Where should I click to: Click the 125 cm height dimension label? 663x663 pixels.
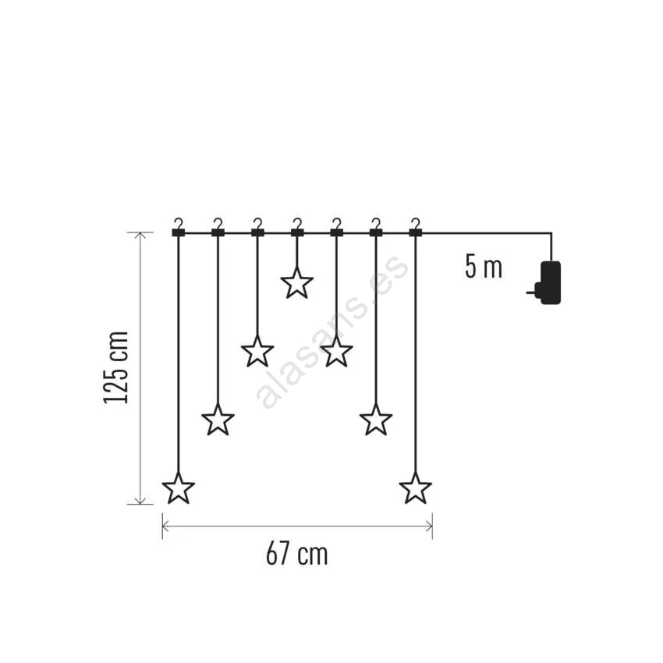(115, 368)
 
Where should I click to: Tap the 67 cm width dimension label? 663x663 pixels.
(297, 554)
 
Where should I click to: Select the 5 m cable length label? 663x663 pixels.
(484, 267)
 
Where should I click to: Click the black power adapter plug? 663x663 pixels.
(547, 282)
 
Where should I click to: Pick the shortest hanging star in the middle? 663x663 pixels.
(297, 282)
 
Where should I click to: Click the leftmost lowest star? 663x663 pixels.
(179, 488)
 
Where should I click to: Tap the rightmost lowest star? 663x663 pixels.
(416, 488)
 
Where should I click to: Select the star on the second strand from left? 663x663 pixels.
(218, 420)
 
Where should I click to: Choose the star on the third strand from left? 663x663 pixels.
(257, 351)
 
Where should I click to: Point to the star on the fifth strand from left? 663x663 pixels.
(337, 351)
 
